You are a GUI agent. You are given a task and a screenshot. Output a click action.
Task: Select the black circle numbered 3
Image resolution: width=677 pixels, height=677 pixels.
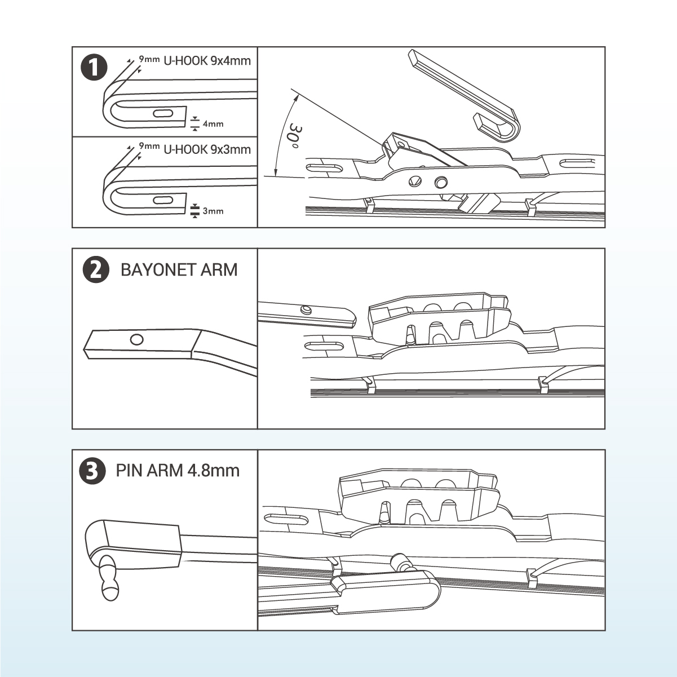click(94, 471)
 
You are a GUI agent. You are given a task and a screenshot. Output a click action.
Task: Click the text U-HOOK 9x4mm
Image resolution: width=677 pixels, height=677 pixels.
click(207, 61)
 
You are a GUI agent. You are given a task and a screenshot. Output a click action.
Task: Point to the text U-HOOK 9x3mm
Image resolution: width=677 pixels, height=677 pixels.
click(207, 150)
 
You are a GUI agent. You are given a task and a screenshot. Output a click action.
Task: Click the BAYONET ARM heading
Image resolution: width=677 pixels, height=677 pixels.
click(179, 269)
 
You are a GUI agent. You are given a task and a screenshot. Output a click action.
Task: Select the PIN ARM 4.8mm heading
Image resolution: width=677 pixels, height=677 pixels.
click(178, 470)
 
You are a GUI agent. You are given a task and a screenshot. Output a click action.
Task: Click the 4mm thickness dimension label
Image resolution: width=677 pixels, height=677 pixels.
click(213, 124)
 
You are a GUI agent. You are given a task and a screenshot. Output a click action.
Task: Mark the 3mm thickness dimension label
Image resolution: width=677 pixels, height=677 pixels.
click(213, 211)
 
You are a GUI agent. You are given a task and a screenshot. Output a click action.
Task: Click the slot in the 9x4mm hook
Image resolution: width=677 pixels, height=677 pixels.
click(163, 113)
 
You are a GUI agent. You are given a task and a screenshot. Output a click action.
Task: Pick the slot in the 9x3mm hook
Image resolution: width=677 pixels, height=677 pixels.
click(163, 200)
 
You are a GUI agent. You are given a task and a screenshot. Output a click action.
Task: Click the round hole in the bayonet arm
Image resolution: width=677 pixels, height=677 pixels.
click(136, 339)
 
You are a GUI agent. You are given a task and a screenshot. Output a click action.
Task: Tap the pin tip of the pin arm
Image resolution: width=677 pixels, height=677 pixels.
click(109, 591)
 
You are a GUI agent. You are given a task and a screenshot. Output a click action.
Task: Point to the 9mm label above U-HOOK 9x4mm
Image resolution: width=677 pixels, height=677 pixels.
click(149, 59)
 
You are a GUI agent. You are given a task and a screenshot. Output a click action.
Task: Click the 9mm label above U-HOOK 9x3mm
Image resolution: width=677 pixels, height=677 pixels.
click(149, 147)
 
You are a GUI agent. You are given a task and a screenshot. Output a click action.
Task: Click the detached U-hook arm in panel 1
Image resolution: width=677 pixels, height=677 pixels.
click(462, 90)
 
